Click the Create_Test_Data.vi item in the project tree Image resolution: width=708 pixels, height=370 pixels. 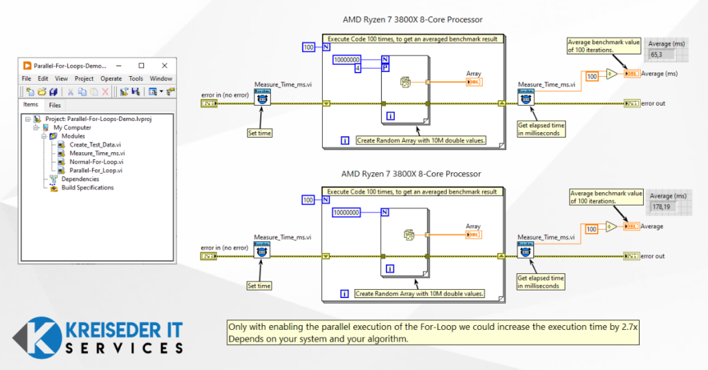97,145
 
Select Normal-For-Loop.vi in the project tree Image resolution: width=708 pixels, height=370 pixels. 95,162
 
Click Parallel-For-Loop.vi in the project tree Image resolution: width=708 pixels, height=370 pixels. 95,170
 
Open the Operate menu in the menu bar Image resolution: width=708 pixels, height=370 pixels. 111,79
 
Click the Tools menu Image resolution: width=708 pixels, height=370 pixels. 136,79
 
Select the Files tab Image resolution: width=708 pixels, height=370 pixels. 55,105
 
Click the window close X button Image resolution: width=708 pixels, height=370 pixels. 165,65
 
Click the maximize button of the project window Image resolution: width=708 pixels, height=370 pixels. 141,65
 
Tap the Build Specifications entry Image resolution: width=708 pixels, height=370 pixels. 87,187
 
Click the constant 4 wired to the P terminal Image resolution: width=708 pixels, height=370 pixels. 358,68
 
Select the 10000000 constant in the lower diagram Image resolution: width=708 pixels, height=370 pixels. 351,212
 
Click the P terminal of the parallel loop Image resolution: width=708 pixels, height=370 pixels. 386,68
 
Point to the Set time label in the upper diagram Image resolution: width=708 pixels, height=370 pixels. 259,133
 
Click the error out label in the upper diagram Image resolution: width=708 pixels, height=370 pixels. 653,104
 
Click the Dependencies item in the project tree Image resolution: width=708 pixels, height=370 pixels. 80,179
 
